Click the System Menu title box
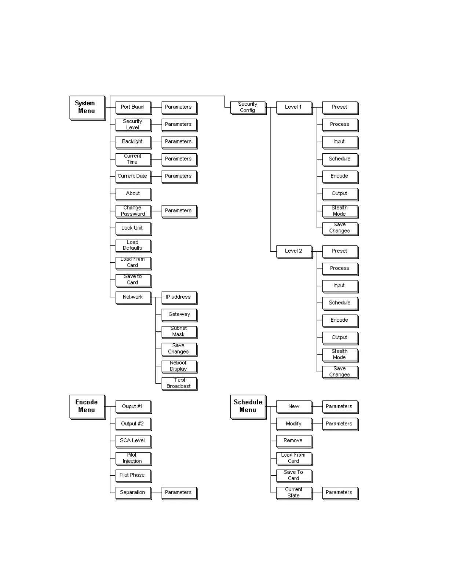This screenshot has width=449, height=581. click(87, 107)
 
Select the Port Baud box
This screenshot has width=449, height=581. click(133, 107)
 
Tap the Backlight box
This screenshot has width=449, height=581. click(133, 142)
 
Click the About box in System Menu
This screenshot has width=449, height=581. click(133, 193)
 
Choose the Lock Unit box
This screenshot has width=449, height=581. click(133, 228)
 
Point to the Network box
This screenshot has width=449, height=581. click(133, 297)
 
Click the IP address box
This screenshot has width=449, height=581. click(179, 297)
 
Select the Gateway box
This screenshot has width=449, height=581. click(179, 314)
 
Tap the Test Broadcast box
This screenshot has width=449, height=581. click(179, 383)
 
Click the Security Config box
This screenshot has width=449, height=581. click(248, 107)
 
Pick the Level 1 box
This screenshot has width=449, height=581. click(294, 107)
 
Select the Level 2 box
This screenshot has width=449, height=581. click(294, 251)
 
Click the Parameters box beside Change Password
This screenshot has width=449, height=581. click(179, 211)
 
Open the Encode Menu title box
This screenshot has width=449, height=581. click(87, 406)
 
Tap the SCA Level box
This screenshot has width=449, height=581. click(133, 441)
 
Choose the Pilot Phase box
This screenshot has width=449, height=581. click(133, 475)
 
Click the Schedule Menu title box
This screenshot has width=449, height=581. click(248, 406)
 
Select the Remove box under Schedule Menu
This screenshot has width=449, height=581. click(294, 441)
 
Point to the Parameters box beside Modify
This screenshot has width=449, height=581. click(340, 424)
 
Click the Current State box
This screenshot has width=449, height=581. click(294, 493)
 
